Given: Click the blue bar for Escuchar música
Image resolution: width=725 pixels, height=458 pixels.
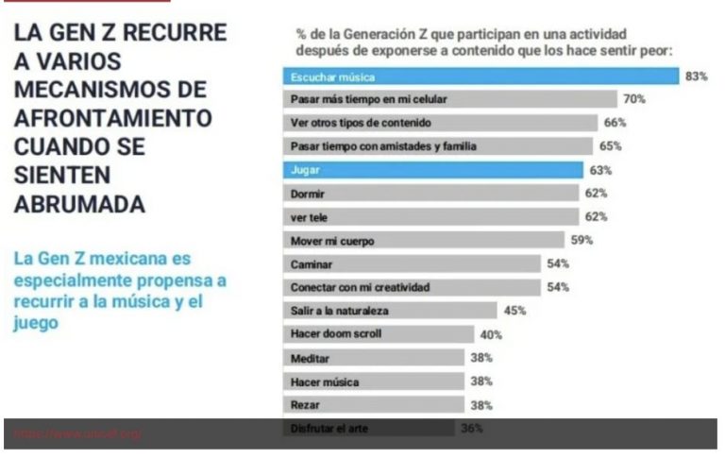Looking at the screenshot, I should [481, 76].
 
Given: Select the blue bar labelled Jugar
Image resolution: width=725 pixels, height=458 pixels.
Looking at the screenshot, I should [432, 170].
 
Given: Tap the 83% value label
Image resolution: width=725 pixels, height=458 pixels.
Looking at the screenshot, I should [697, 76].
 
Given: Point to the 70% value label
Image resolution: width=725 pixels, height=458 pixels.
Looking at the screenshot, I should [633, 99].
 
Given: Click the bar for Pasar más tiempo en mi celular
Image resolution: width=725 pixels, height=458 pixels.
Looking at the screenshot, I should [449, 99].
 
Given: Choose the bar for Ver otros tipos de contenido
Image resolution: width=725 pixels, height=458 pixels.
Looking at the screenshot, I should [440, 123].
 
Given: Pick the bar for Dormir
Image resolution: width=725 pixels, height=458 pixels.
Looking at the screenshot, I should [430, 194].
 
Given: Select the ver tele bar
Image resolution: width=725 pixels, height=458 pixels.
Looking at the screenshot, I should [430, 217].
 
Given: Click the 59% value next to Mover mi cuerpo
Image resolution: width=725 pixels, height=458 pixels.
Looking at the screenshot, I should [582, 240].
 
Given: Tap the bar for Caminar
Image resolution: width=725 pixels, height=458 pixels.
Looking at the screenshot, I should [412, 263].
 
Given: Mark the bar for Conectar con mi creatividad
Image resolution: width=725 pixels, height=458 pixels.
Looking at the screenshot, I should [412, 287].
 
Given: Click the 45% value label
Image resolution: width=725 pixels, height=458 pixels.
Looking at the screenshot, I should [514, 310].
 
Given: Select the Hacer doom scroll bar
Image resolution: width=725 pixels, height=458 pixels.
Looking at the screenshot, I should [379, 333].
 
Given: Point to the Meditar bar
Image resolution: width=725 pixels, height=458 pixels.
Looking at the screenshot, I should [374, 357].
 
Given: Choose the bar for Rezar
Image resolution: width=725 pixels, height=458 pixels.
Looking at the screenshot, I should [374, 404].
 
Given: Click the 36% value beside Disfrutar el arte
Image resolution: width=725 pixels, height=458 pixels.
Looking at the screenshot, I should [472, 429].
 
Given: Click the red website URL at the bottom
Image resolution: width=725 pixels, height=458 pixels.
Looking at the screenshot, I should [77, 433].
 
